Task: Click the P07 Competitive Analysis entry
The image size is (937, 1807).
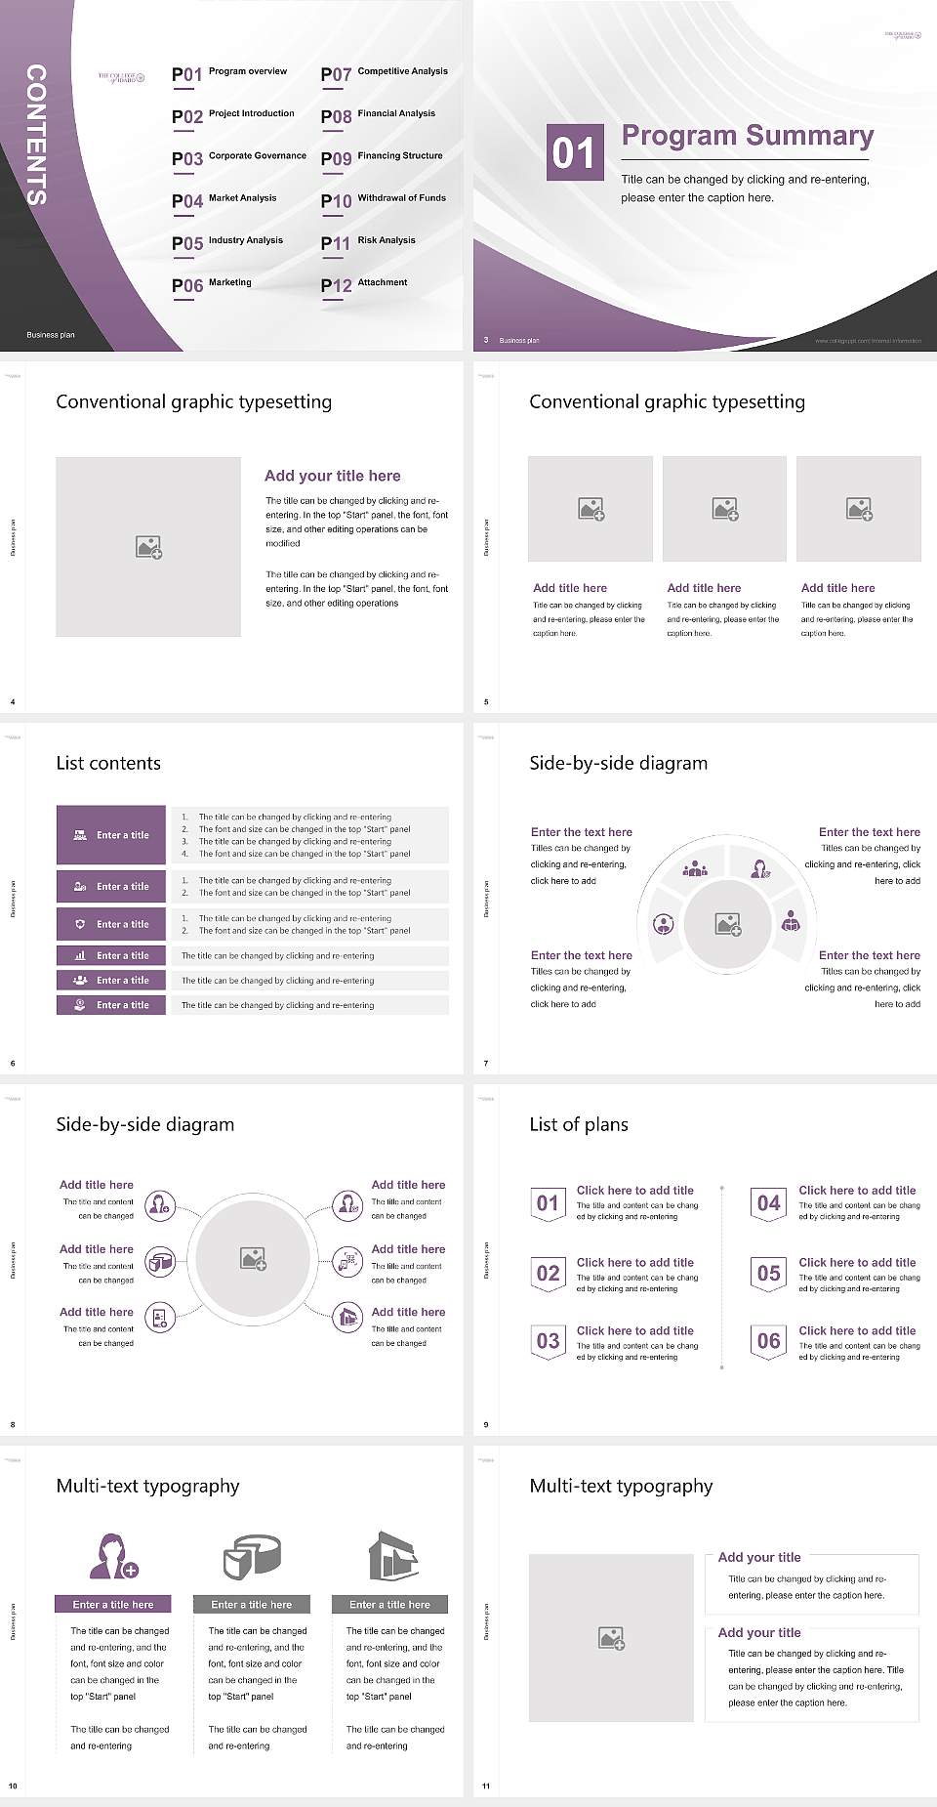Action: pyautogui.click(x=384, y=73)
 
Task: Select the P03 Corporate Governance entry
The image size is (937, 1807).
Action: pyautogui.click(x=239, y=157)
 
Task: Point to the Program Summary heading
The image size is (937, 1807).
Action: pyautogui.click(x=747, y=136)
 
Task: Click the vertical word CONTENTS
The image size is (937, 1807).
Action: pyautogui.click(x=36, y=135)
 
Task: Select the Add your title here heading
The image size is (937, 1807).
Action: pyautogui.click(x=332, y=476)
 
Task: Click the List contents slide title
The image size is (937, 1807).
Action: pyautogui.click(x=108, y=764)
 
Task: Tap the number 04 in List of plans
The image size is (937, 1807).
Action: pyautogui.click(x=769, y=1203)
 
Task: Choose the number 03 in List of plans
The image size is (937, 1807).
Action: pyautogui.click(x=549, y=1341)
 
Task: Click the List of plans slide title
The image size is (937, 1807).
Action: pyautogui.click(x=579, y=1125)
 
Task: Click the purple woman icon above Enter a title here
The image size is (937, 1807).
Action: pyautogui.click(x=112, y=1556)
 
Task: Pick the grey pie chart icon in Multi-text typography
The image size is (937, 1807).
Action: pyautogui.click(x=252, y=1556)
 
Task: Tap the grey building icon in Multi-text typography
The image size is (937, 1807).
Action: pyautogui.click(x=392, y=1556)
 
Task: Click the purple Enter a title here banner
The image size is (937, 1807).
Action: pyautogui.click(x=113, y=1604)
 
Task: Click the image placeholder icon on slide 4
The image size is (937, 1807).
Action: pyautogui.click(x=148, y=547)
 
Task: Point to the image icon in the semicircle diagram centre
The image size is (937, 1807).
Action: pyautogui.click(x=728, y=924)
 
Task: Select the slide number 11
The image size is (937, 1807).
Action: pyautogui.click(x=486, y=1786)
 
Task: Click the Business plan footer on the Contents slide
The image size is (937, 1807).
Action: pyautogui.click(x=51, y=335)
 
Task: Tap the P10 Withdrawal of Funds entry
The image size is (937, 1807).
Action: pyautogui.click(x=384, y=199)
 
